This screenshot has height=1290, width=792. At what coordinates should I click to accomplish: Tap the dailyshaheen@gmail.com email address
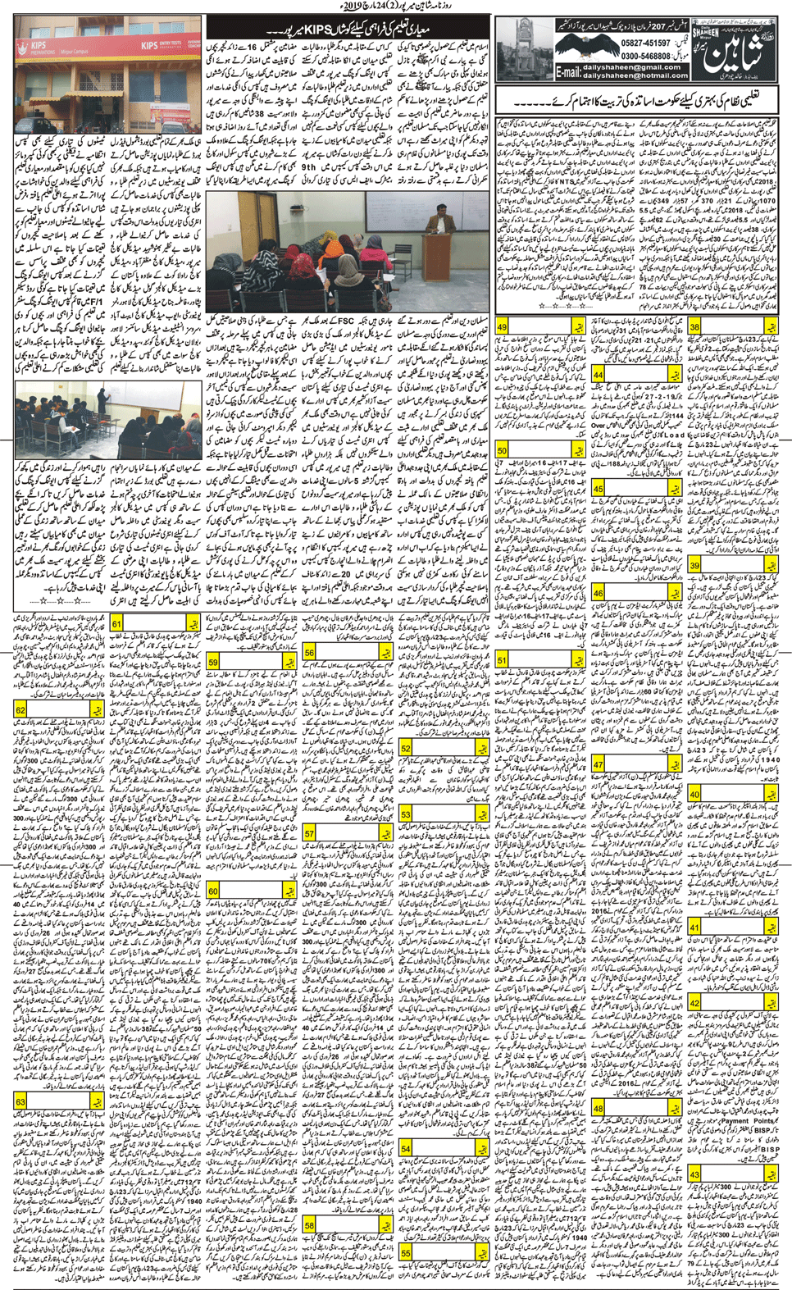(x=633, y=67)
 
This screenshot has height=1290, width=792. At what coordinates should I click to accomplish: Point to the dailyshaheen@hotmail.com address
(x=635, y=75)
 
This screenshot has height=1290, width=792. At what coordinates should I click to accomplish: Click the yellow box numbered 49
(x=503, y=327)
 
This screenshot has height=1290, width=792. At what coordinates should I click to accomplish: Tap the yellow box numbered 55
(x=406, y=1253)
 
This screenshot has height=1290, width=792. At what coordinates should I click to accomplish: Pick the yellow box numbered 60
(x=213, y=891)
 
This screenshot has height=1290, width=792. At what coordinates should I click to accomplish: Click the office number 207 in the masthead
(x=649, y=27)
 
